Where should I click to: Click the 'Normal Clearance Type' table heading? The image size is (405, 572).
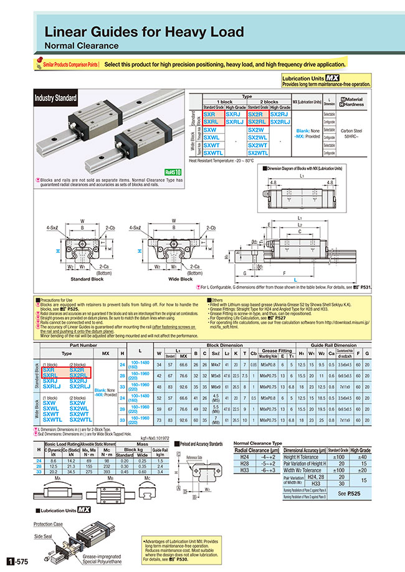point(257,443)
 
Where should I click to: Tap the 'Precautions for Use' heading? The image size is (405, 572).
point(59,300)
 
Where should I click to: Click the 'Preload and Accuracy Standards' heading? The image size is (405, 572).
point(201,444)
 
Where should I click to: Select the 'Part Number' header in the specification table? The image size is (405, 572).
point(83,344)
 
